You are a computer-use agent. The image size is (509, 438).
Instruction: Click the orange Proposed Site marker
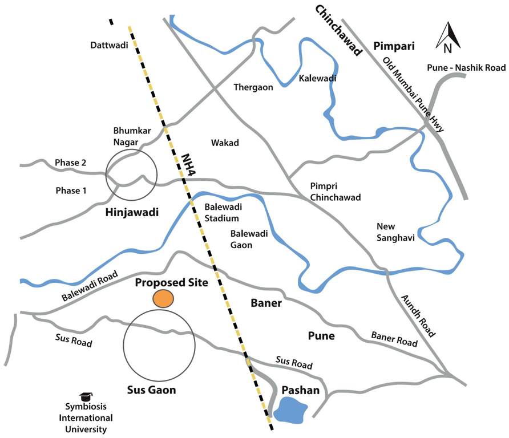[x=163, y=298]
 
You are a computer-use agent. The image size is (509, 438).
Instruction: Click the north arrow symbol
[x=448, y=36]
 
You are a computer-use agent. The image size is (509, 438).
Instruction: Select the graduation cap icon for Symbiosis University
[x=86, y=396]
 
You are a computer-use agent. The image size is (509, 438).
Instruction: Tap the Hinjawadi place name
[x=131, y=213]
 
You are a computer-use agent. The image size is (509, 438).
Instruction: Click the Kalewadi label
[x=317, y=78]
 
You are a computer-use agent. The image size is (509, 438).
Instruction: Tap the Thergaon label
[x=253, y=87]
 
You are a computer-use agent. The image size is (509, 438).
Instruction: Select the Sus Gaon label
[x=151, y=390]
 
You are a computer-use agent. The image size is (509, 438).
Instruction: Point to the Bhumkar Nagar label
[x=132, y=136]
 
